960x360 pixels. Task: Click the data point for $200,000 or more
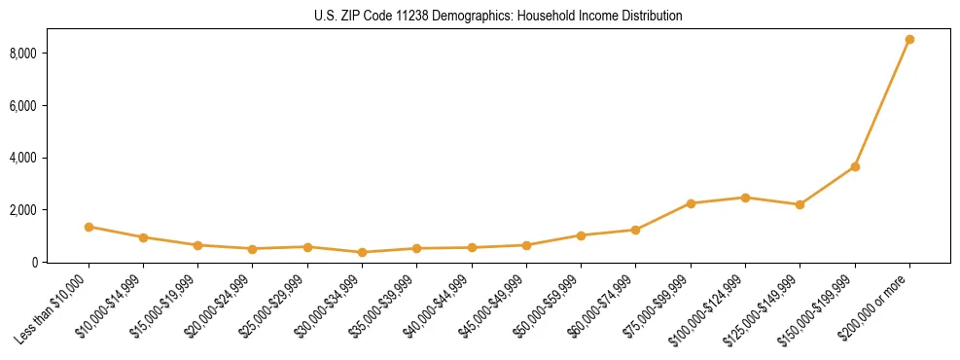909,40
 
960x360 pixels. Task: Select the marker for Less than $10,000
89,227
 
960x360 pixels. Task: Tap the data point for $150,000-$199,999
855,166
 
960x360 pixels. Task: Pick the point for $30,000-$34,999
362,252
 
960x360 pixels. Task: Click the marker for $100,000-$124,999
745,198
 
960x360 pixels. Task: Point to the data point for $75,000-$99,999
691,203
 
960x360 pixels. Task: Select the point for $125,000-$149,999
800,204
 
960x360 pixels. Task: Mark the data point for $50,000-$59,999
581,235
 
